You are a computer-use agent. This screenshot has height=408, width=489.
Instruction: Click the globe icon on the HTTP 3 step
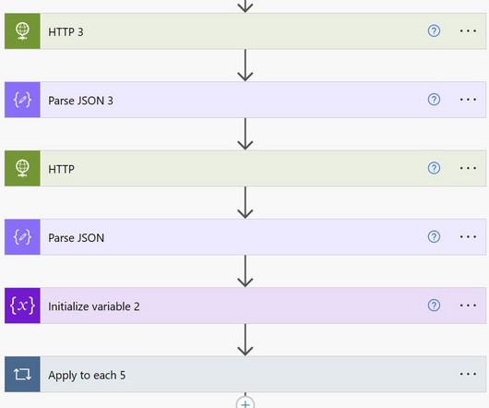[22, 31]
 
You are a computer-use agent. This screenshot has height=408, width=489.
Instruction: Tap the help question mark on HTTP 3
[434, 30]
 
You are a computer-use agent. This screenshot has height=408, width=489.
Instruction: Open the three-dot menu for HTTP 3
[468, 30]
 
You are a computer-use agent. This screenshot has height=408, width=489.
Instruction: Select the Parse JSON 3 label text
[80, 101]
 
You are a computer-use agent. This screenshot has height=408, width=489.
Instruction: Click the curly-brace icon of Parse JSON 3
[22, 100]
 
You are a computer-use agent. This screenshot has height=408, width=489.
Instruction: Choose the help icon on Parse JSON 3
[434, 100]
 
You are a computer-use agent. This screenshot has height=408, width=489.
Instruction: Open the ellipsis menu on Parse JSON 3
[468, 100]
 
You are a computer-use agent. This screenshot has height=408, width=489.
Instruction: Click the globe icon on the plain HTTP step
[22, 168]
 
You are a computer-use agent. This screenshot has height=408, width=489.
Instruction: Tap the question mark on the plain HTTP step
[434, 168]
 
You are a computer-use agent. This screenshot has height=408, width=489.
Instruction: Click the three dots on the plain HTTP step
[468, 168]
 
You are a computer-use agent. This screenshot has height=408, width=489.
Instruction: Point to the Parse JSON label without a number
[76, 237]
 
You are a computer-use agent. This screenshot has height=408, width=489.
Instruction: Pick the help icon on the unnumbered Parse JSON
[434, 236]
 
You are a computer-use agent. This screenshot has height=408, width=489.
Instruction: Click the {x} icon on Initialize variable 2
[22, 306]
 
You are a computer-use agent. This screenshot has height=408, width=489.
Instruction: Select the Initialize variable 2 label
[93, 306]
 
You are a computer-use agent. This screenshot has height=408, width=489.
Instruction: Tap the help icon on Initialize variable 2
[434, 306]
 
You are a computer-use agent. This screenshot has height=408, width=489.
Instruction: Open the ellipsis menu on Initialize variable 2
[468, 306]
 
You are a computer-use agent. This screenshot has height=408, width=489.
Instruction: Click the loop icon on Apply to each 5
[22, 374]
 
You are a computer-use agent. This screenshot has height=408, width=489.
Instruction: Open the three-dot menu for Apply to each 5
[468, 374]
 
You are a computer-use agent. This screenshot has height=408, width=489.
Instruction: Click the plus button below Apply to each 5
[245, 403]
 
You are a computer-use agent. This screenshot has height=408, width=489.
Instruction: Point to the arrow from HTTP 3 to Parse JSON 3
[245, 66]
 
